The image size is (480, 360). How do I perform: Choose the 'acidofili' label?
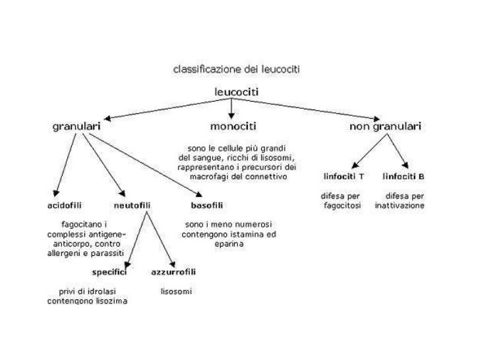(x=62, y=205)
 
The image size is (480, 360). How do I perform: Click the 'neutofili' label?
(x=133, y=205)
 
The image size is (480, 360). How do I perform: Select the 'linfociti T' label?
(x=344, y=177)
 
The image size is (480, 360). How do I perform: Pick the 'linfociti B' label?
(x=404, y=177)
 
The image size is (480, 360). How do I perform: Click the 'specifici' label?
(x=108, y=272)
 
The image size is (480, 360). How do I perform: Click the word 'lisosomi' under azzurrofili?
(x=176, y=291)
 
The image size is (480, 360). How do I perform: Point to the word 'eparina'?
(x=228, y=243)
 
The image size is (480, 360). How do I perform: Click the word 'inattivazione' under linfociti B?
(x=400, y=206)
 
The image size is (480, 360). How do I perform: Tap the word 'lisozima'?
(x=111, y=301)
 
